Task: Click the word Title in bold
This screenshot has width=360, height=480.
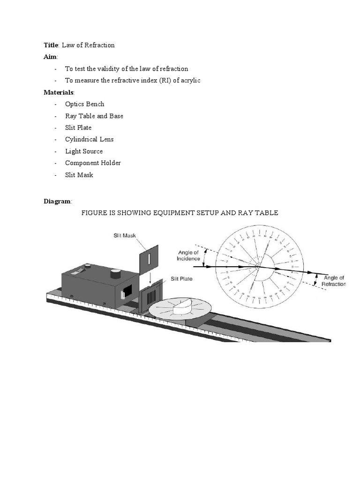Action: (x=51, y=45)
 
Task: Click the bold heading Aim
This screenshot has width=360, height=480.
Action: (x=50, y=57)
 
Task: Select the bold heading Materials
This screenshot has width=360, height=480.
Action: (x=59, y=92)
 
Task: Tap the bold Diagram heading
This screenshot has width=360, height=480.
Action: (x=57, y=201)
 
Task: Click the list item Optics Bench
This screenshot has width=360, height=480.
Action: (x=84, y=104)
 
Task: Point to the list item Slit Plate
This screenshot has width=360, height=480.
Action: (x=78, y=127)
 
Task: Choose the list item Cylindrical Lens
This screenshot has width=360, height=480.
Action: (x=89, y=139)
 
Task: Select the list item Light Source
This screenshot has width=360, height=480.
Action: (x=83, y=151)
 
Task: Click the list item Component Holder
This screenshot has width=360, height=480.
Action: (x=93, y=163)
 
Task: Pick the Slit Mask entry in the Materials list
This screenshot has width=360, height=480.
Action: (x=79, y=175)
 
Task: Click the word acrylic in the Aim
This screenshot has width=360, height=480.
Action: (x=189, y=81)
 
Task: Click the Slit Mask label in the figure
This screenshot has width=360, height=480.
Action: (x=124, y=235)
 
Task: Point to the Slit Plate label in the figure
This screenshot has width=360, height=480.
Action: (x=181, y=279)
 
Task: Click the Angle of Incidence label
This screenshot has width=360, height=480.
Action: (x=188, y=255)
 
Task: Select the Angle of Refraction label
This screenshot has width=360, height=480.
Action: (x=333, y=281)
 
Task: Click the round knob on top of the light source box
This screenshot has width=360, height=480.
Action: (x=114, y=273)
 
